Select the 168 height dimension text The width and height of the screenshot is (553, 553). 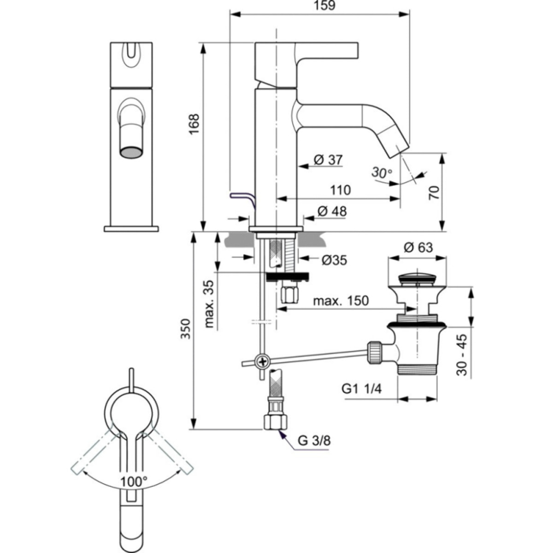[194, 124]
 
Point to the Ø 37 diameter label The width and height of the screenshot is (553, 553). [328, 159]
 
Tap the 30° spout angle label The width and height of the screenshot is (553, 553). [382, 173]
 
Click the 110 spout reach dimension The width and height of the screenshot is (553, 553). [340, 190]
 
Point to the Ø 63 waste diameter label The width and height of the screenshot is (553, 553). [418, 247]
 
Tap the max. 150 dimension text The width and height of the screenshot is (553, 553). [341, 301]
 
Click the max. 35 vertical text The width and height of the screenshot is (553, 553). [210, 304]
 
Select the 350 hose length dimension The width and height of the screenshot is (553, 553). [185, 329]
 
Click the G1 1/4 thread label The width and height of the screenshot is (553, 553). [362, 388]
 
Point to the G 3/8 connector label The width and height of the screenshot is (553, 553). [314, 440]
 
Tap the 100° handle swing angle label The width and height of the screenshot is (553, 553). [134, 482]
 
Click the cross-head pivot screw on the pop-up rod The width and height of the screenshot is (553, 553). [263, 361]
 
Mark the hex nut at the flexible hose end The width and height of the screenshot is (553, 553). [275, 421]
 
